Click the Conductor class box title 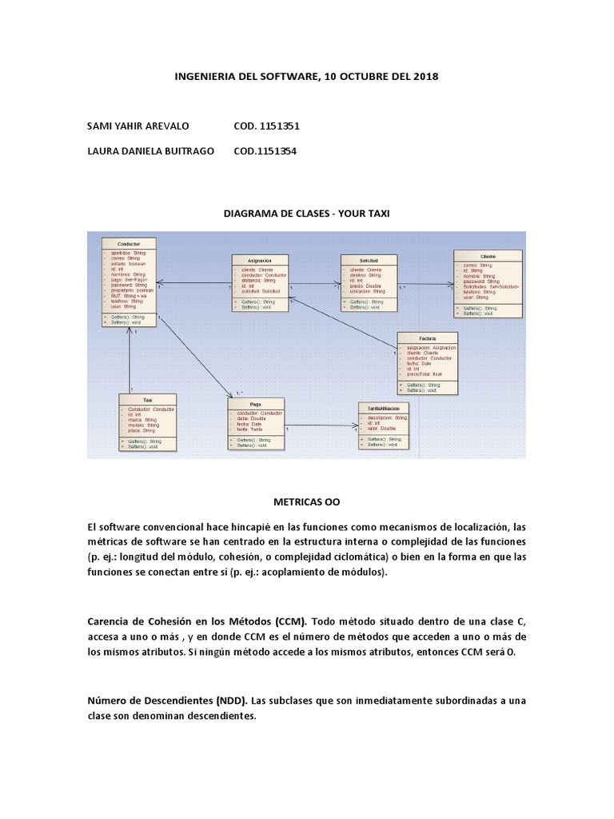click(128, 243)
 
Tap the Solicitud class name click(369, 262)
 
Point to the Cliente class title click(488, 256)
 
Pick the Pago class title click(255, 405)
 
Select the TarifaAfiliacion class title click(384, 408)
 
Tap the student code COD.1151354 click(265, 150)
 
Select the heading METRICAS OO click(306, 502)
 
